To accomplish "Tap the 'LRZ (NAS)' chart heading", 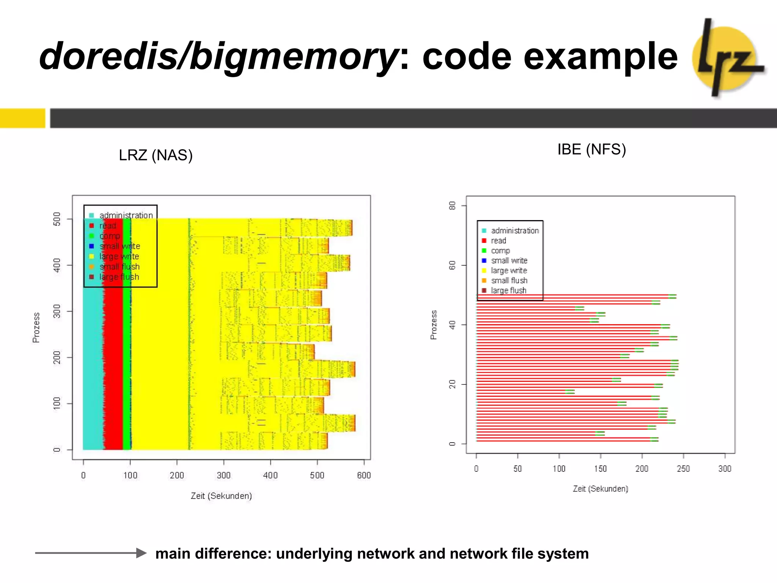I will click(156, 155).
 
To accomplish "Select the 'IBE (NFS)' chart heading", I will click(591, 150).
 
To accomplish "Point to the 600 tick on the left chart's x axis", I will click(364, 475).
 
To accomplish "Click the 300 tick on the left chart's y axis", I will click(57, 311).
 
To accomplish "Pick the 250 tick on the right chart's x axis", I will click(683, 469).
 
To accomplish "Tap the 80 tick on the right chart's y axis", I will click(452, 206).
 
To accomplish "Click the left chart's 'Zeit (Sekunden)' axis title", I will click(221, 496).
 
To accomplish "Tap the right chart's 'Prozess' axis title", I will click(434, 325).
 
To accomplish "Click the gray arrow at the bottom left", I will click(91, 553).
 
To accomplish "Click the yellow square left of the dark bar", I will click(22, 118).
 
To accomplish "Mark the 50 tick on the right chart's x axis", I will click(517, 469).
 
